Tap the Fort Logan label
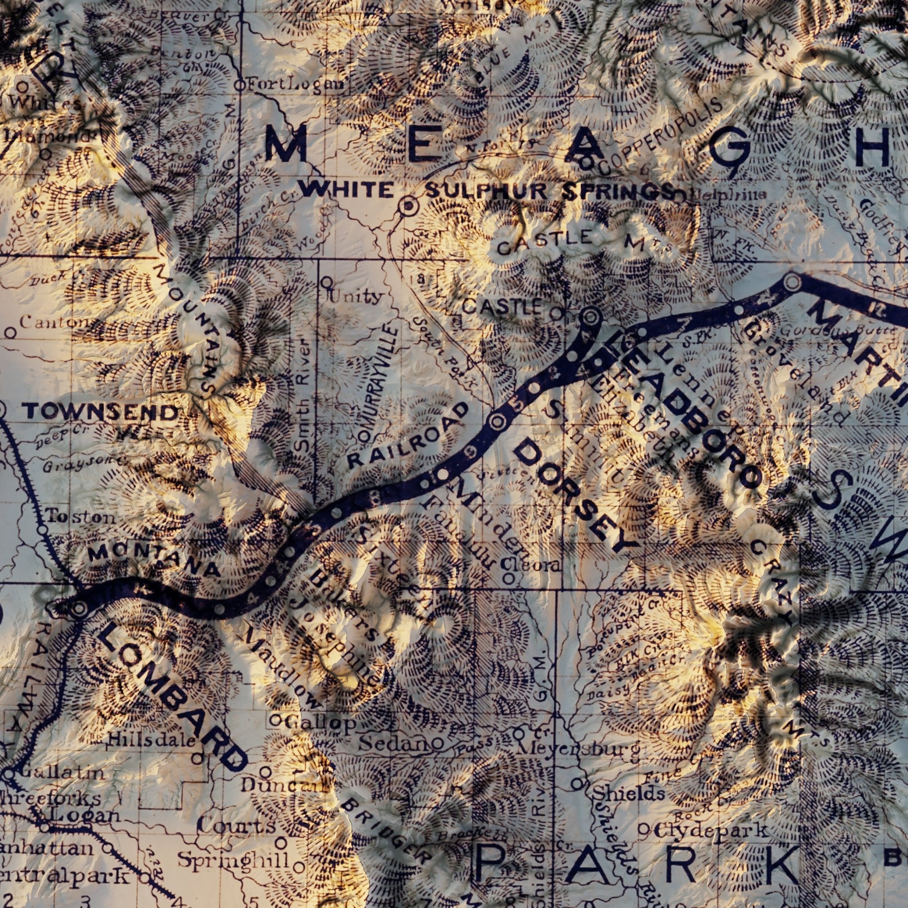[x=295, y=86]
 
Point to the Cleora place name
[x=531, y=565]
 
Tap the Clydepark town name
[x=710, y=830]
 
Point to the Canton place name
[x=53, y=322]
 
